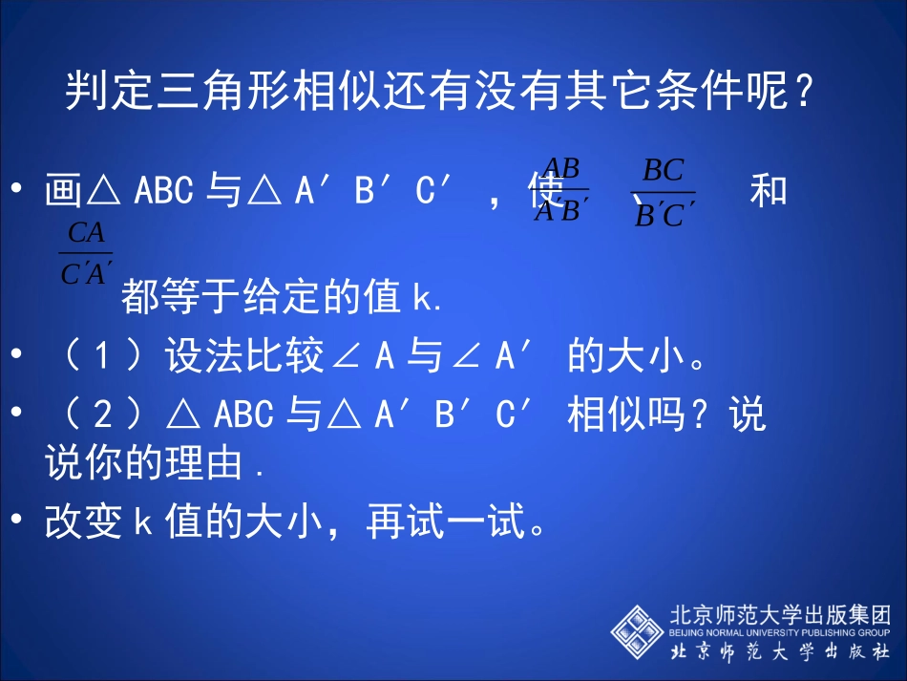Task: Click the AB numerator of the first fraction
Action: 560,169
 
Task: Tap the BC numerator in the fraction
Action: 663,171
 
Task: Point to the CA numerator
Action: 86,233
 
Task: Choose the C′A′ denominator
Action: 86,275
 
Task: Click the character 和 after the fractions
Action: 768,191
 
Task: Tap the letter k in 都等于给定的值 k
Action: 422,299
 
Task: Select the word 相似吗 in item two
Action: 625,415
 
